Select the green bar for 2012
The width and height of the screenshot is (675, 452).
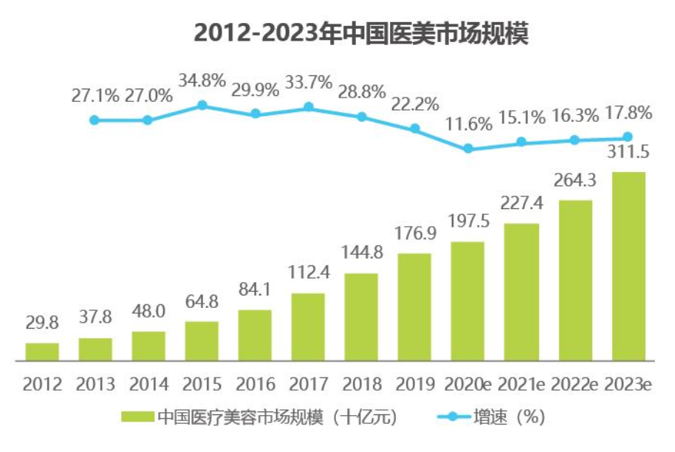tap(42, 352)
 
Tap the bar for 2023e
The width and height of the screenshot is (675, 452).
tap(628, 266)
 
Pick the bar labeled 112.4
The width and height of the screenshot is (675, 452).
tap(308, 326)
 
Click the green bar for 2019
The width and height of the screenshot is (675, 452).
tap(414, 307)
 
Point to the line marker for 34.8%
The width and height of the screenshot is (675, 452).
tap(202, 106)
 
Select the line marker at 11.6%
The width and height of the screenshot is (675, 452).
tap(468, 148)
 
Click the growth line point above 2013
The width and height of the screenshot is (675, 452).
tap(95, 120)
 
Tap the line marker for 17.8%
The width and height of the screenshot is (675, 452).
tap(628, 137)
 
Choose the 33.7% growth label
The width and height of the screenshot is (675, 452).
tap(309, 83)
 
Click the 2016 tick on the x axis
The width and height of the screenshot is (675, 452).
tap(255, 384)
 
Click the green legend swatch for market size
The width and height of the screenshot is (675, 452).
tap(137, 417)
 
